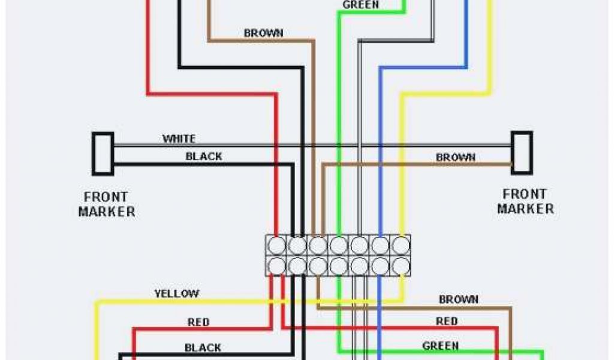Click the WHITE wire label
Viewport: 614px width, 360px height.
coord(179,139)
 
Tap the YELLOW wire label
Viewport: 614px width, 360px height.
coord(176,293)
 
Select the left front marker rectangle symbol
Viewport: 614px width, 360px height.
coord(103,154)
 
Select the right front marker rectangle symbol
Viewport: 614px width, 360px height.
coord(521,152)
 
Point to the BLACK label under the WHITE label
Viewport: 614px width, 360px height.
coord(203,157)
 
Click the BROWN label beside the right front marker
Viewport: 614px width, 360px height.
coord(456,157)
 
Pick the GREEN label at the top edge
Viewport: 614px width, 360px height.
coord(360,5)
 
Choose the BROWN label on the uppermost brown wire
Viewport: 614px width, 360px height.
coord(263,33)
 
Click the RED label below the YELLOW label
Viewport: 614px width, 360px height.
coord(198,322)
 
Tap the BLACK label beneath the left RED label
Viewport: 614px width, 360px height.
coord(203,347)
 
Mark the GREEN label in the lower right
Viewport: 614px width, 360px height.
coord(441,346)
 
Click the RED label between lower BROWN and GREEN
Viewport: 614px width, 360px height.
coord(447,322)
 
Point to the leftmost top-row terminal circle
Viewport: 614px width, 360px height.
coord(277,245)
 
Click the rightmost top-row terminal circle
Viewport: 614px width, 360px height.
coord(400,245)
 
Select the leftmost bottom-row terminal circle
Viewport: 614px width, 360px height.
coord(277,265)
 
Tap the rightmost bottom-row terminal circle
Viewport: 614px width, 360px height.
coord(400,265)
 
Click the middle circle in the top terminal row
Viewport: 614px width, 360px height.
coord(339,245)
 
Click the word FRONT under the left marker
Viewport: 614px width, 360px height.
coord(106,197)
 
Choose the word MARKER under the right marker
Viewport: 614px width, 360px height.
coord(525,209)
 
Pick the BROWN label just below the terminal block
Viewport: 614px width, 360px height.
coord(459,299)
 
